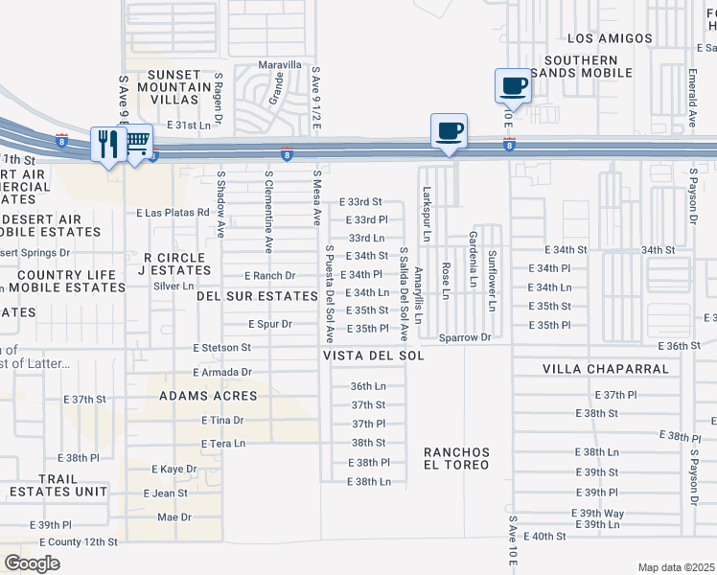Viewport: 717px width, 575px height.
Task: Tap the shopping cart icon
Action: click(136, 143)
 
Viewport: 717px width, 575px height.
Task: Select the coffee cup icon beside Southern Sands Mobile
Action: click(512, 85)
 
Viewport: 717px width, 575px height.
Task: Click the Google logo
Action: click(32, 563)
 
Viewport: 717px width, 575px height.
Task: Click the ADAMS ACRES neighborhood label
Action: click(208, 396)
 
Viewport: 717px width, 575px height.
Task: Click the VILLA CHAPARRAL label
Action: click(590, 369)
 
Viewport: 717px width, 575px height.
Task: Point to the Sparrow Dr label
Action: click(465, 338)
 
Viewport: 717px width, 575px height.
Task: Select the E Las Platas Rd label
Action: click(173, 213)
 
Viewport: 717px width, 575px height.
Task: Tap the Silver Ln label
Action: click(173, 286)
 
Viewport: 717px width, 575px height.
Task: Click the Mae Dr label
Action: click(174, 517)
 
